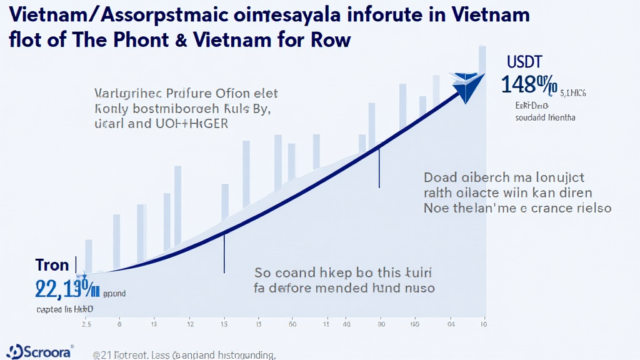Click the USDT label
[525, 62]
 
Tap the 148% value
[529, 84]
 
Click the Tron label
[52, 264]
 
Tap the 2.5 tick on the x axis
[86, 324]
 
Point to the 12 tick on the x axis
[190, 324]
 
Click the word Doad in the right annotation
[442, 177]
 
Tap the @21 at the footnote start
[102, 355]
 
